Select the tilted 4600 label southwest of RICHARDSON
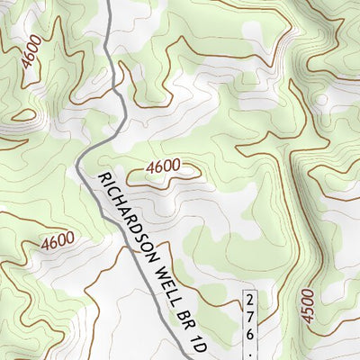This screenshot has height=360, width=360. point(57,241)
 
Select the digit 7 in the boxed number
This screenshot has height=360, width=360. point(251,315)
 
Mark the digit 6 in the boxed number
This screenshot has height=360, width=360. point(251,333)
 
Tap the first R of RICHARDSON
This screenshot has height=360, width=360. point(102,179)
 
